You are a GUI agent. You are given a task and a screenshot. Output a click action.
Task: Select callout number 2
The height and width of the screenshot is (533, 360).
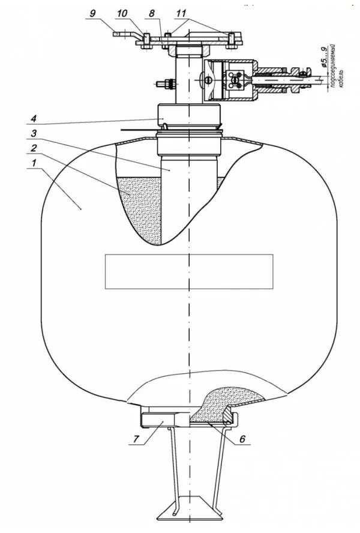[34, 147]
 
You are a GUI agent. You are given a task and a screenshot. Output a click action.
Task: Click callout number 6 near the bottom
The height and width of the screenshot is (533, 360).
[242, 439]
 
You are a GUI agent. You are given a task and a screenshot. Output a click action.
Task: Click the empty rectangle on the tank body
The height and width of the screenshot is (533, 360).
[188, 271]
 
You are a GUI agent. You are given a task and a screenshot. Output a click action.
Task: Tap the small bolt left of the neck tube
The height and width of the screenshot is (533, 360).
[164, 84]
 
